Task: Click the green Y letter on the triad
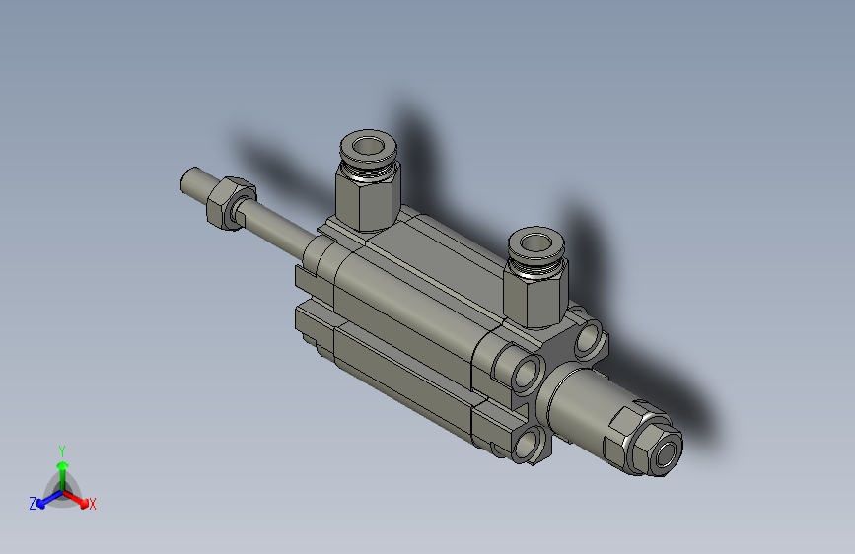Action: tap(62, 450)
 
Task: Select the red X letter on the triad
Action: tap(93, 505)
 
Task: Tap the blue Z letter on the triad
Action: tap(33, 504)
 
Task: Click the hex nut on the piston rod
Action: tap(229, 201)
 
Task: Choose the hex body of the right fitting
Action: tap(534, 293)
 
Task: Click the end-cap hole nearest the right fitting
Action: tap(589, 337)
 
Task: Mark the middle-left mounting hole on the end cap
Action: tap(527, 373)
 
